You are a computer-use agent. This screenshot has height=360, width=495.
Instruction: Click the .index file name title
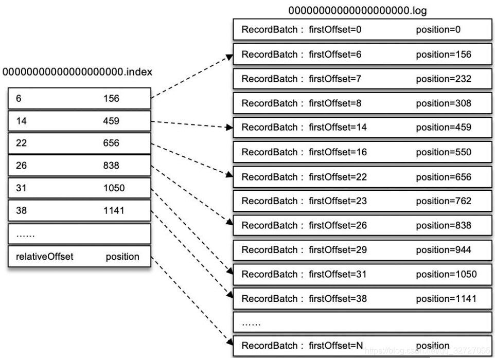[x=77, y=72]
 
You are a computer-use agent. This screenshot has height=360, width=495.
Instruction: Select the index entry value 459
[x=111, y=121]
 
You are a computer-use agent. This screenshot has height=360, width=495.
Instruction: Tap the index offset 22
[x=22, y=143]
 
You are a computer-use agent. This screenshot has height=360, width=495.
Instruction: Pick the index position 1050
[x=114, y=188]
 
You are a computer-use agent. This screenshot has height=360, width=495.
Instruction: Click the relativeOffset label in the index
[x=45, y=256]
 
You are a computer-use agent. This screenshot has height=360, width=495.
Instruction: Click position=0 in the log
[x=438, y=30]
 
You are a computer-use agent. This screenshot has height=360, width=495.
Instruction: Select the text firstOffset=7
[x=335, y=79]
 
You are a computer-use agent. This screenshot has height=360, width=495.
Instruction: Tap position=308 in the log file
[x=444, y=103]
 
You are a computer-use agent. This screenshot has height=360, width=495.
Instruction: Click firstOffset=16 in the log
[x=338, y=152]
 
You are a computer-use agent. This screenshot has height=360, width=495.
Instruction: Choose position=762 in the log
[x=444, y=201]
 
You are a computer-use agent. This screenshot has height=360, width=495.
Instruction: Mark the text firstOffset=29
[x=338, y=250]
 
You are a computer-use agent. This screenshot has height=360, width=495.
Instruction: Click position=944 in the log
[x=444, y=250]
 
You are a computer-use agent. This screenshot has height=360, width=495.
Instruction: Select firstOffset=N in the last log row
[x=337, y=345]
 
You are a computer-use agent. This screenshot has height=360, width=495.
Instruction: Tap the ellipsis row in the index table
[x=80, y=235]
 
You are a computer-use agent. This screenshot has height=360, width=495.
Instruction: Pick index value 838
[x=111, y=166]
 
